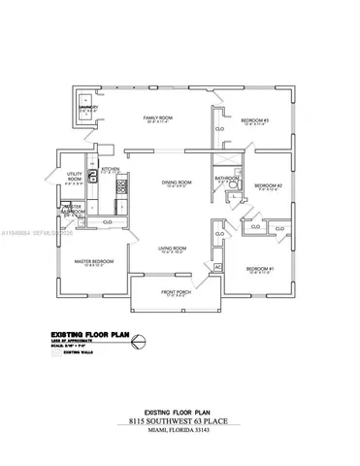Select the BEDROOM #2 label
[x=267, y=184]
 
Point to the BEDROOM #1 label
[x=260, y=268]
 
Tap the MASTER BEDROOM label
[x=95, y=261]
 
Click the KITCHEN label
[x=110, y=168]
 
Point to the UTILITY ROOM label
[x=74, y=177]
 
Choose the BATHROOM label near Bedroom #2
[x=228, y=178]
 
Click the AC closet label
[x=217, y=266]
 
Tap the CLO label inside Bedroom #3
[x=221, y=128]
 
